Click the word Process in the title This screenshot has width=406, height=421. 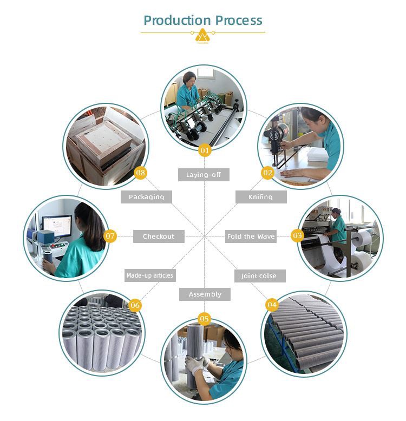239,21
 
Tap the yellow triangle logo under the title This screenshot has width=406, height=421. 203,36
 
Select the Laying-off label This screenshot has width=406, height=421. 204,175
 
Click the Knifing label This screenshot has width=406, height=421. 260,197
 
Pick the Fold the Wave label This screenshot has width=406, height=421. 251,236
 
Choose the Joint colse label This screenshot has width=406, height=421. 259,276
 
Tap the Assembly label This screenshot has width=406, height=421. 205,294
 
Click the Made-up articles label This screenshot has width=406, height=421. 149,275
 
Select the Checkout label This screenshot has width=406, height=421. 159,236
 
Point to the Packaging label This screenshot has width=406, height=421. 146,197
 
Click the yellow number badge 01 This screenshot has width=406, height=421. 204,150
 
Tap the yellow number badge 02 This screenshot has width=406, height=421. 267,173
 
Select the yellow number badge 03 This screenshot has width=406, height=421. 297,235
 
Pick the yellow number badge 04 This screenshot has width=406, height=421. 272,305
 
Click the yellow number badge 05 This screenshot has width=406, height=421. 204,319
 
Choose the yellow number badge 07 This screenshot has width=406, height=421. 110,236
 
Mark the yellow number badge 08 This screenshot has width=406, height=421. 141,173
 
